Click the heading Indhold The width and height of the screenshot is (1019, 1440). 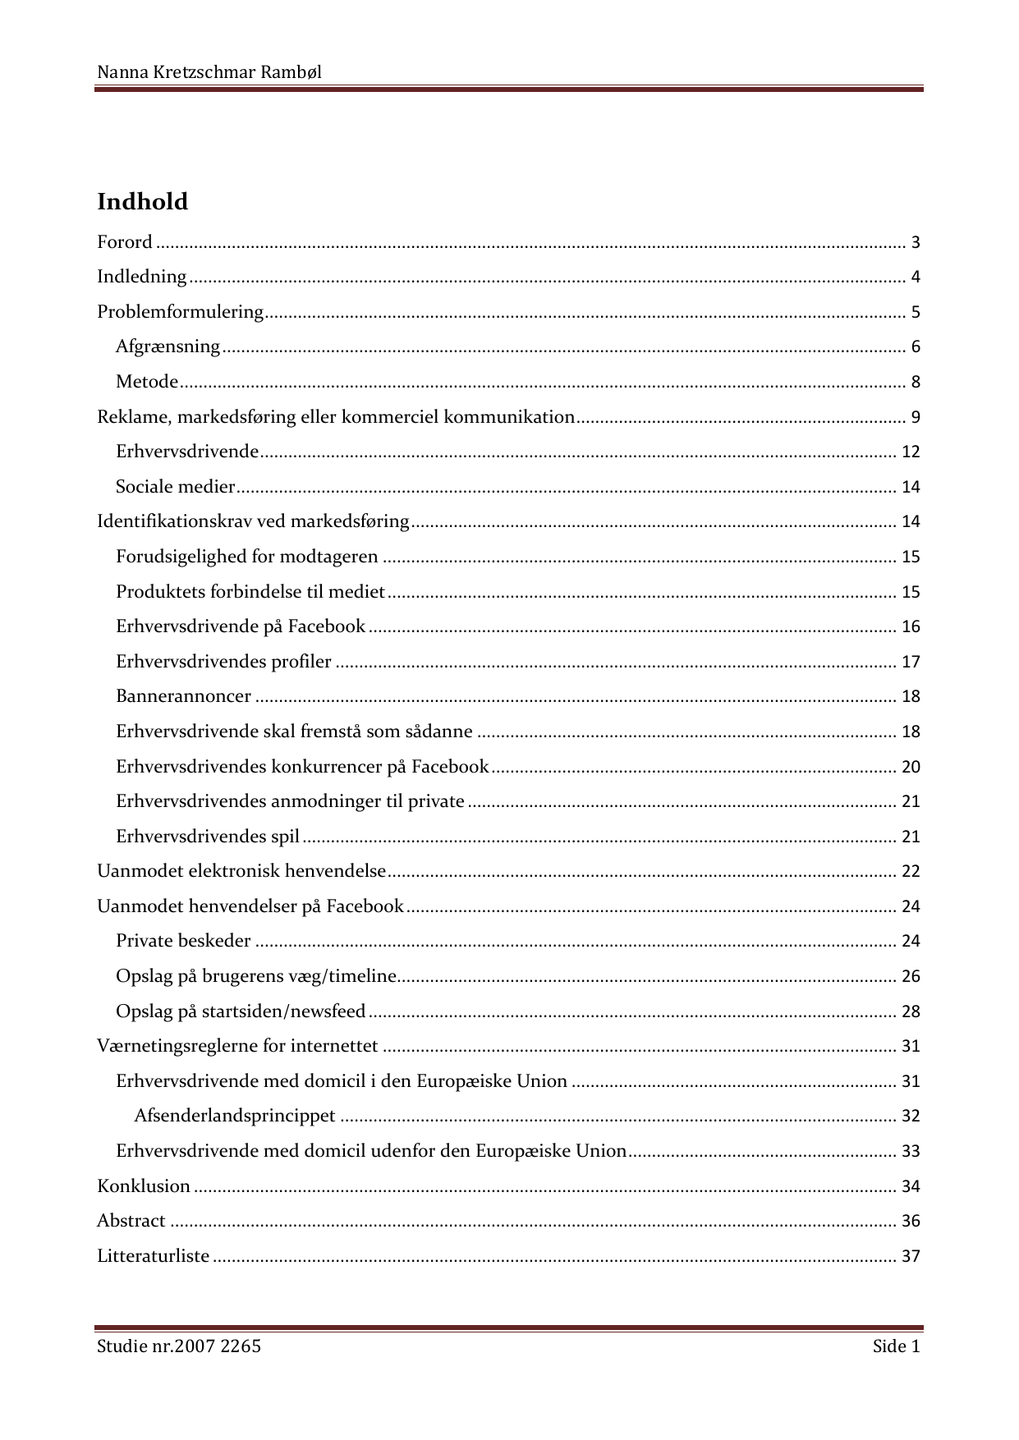point(142,202)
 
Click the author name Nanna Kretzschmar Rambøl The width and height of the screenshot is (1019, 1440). point(209,72)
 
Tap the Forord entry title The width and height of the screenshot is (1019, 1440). point(125,242)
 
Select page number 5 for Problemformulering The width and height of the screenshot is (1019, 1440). point(915,313)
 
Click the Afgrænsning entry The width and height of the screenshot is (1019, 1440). point(168,346)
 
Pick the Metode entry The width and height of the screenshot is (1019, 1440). point(147,382)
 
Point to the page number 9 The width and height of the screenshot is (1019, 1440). point(915,417)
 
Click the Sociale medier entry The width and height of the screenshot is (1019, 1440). point(175,487)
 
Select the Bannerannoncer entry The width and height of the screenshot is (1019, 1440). point(183,696)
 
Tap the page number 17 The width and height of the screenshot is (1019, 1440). point(911,662)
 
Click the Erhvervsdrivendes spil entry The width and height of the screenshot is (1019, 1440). point(208,837)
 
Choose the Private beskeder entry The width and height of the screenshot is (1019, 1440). point(183,941)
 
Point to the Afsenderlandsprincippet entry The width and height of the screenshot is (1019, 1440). point(235,1116)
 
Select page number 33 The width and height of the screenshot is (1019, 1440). point(911,1151)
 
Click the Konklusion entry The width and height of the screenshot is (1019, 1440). point(144,1186)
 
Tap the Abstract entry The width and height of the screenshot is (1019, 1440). point(131,1221)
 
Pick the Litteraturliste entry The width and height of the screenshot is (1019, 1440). point(154,1256)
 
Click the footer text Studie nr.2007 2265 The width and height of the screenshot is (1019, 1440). point(179,1346)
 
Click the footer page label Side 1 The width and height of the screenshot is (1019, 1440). point(896,1346)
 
